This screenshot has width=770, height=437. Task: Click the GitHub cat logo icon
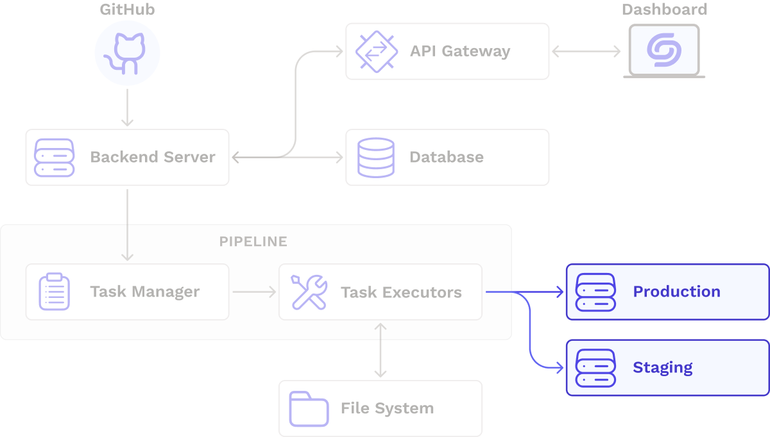[x=127, y=53]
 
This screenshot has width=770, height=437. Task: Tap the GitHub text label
[x=127, y=10]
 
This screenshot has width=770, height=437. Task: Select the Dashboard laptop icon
[x=663, y=51]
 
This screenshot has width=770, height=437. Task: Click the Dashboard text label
[x=664, y=10]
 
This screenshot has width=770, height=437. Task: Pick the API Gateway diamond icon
[x=375, y=51]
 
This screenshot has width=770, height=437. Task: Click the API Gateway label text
[x=460, y=51]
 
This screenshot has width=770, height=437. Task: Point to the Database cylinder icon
[x=376, y=158]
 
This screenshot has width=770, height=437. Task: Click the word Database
[x=447, y=158]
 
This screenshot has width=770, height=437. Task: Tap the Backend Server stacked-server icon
[x=55, y=158]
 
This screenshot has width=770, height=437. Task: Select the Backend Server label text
[x=153, y=158]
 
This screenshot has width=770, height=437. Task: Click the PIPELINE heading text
[x=253, y=242]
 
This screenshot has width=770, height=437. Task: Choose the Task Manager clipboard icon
[x=55, y=292]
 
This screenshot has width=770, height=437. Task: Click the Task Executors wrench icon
[x=309, y=292]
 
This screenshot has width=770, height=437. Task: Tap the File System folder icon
[x=309, y=408]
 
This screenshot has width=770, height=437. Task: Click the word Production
[x=676, y=292]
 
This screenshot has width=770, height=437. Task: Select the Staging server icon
[x=595, y=368]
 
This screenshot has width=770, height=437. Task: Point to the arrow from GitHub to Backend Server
[x=127, y=108]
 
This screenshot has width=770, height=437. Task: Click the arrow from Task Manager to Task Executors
[x=254, y=292]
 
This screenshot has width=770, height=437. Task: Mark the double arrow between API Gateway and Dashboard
[x=586, y=51]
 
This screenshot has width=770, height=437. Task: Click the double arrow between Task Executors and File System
[x=381, y=350]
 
